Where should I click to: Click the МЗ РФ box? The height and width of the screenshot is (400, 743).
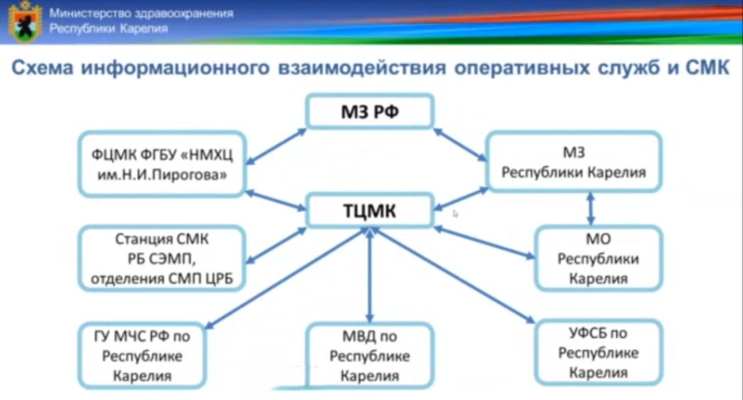[x=370, y=111]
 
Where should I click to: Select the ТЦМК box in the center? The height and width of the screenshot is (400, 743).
[x=370, y=211]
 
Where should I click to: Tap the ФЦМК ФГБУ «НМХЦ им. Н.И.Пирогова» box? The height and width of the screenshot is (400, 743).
[x=162, y=164]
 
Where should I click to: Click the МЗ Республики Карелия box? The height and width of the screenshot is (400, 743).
[x=574, y=162]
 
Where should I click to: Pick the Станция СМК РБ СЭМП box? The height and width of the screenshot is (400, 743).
[x=162, y=258]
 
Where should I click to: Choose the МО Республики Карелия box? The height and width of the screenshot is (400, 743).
[x=598, y=258]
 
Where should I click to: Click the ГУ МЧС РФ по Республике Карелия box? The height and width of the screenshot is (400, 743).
[x=142, y=356]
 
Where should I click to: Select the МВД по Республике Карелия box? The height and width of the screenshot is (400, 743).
[x=370, y=356]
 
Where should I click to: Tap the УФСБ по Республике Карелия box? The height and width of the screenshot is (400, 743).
[x=598, y=352]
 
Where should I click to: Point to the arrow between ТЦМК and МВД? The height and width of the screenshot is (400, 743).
[x=370, y=276]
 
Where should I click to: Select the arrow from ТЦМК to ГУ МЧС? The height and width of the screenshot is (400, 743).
[x=285, y=278]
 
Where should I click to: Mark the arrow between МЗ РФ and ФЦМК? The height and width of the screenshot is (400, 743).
[x=276, y=146]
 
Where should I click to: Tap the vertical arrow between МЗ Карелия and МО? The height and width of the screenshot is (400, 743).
[x=590, y=209]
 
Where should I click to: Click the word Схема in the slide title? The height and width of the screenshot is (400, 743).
[x=43, y=68]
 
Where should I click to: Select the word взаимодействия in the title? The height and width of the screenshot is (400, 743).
[x=361, y=68]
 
